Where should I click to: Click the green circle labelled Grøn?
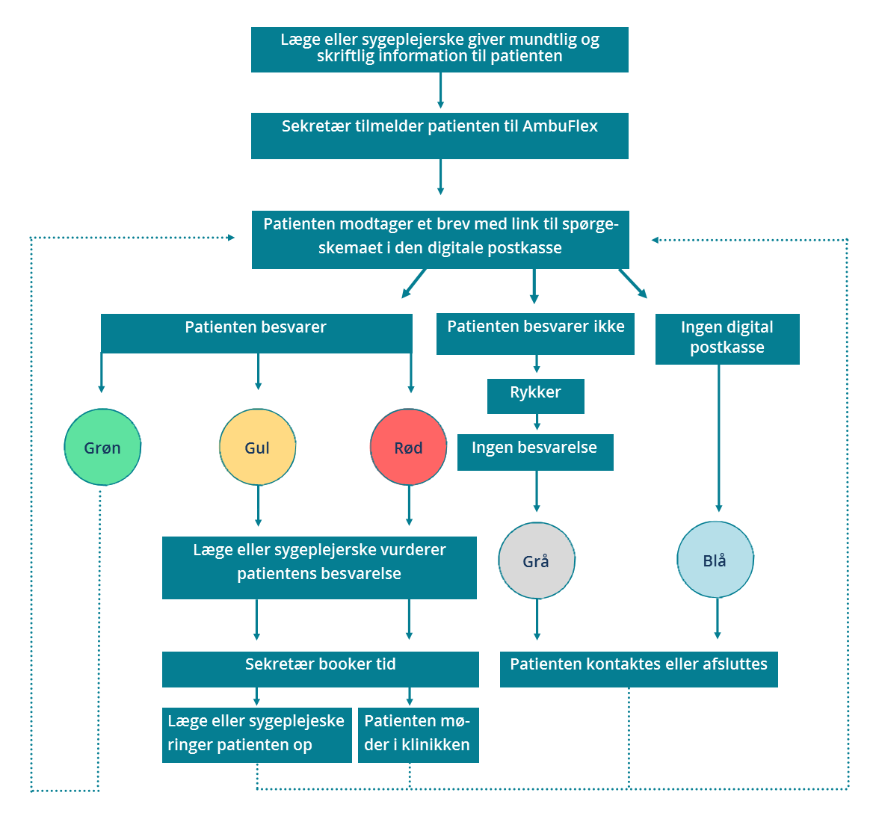(102, 447)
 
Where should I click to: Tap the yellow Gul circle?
(258, 447)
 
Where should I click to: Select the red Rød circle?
(408, 447)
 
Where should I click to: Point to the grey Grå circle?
(537, 560)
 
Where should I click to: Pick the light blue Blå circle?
(715, 559)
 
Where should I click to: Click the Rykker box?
(536, 396)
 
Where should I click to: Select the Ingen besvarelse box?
(535, 452)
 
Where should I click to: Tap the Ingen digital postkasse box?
(727, 339)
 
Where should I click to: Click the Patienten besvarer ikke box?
(535, 333)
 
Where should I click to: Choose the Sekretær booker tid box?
(320, 669)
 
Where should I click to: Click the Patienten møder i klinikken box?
(418, 735)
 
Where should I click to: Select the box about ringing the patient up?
(257, 735)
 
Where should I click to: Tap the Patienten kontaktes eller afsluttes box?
(638, 669)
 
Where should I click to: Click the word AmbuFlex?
(560, 126)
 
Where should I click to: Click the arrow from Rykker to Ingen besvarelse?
(537, 421)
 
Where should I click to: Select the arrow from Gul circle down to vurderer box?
(258, 506)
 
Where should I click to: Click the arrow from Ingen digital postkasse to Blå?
(719, 439)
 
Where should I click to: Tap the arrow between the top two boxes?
(440, 90)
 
